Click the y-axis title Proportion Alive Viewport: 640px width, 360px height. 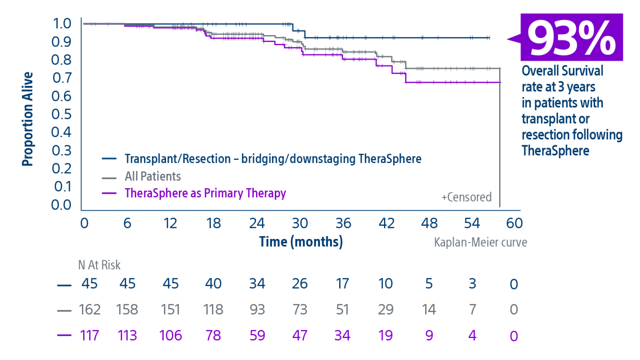pyautogui.click(x=28, y=119)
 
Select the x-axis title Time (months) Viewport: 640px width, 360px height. pyautogui.click(x=301, y=242)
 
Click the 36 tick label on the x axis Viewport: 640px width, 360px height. pyautogui.click(x=343, y=223)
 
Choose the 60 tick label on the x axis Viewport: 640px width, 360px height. pyautogui.click(x=514, y=223)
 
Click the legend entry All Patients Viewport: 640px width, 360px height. pyautogui.click(x=153, y=176)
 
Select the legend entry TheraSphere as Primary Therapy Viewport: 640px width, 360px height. pyautogui.click(x=205, y=193)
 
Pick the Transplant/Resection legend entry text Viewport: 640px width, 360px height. pyautogui.click(x=272, y=159)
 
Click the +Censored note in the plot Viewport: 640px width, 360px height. pyautogui.click(x=466, y=197)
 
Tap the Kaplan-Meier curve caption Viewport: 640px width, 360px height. pyautogui.click(x=480, y=242)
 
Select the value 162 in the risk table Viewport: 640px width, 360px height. pyautogui.click(x=90, y=310)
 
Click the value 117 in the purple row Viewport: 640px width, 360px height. pyautogui.click(x=90, y=336)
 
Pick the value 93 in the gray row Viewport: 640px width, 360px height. pyautogui.click(x=257, y=310)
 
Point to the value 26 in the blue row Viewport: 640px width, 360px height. pyautogui.click(x=300, y=284)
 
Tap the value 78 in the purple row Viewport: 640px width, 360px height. pyautogui.click(x=213, y=336)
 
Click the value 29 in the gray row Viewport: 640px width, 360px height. pyautogui.click(x=386, y=310)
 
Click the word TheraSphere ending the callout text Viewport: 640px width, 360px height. pyautogui.click(x=555, y=150)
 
